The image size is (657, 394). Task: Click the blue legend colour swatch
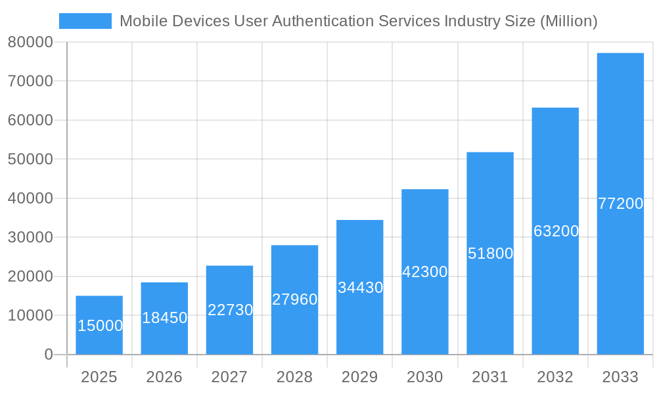tap(85, 21)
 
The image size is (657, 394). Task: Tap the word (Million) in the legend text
tap(568, 21)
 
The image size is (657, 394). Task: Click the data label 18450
tap(164, 318)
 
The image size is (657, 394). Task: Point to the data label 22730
tap(230, 310)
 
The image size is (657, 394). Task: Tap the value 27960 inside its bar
tap(294, 299)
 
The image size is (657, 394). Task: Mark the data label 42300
tap(424, 272)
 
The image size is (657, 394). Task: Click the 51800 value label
tap(490, 253)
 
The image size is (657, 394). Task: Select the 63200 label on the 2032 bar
tap(556, 231)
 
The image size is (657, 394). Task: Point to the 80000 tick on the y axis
tap(30, 42)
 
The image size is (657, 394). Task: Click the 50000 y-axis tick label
tap(30, 159)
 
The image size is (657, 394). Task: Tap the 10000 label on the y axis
tap(30, 315)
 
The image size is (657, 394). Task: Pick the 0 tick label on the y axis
tap(49, 355)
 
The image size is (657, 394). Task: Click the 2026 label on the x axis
tap(164, 377)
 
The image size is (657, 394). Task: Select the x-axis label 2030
tap(424, 377)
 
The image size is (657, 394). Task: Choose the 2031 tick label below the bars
tap(490, 377)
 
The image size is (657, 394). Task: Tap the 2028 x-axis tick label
tap(294, 377)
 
